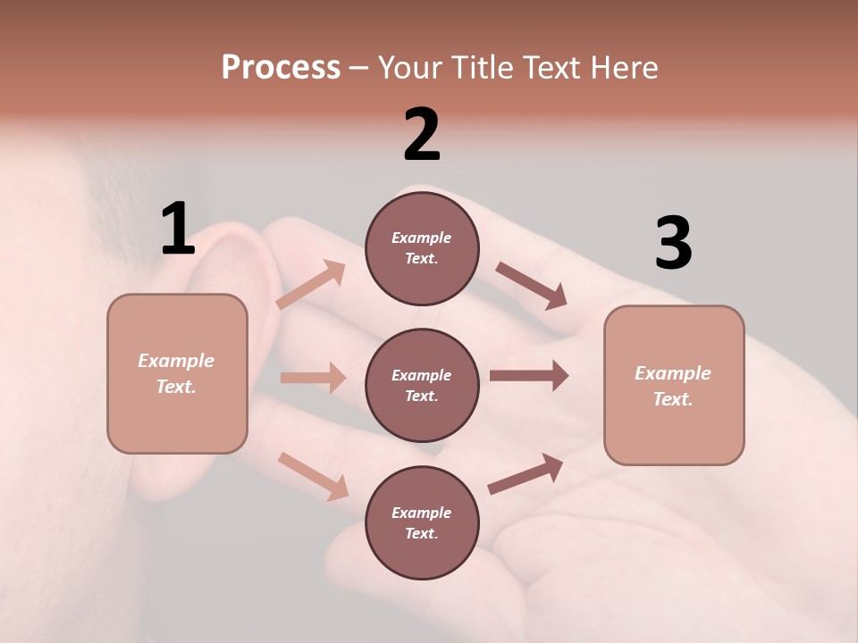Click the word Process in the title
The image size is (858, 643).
tap(281, 67)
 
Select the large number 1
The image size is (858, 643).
tap(178, 229)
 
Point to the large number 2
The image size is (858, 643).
tap(422, 135)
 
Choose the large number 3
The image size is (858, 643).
tap(673, 244)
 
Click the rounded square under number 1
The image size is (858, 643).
tap(177, 373)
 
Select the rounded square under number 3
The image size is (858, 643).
tap(674, 386)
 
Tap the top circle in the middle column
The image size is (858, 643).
tap(422, 248)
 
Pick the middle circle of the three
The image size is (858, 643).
tap(422, 385)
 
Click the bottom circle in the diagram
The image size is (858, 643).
tap(422, 522)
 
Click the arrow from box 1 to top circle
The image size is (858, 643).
tap(311, 285)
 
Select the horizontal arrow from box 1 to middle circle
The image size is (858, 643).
tap(313, 378)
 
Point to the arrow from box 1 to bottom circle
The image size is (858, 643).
tap(313, 476)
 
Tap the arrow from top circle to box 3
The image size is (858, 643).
tap(532, 286)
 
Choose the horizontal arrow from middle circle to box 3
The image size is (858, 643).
tap(529, 376)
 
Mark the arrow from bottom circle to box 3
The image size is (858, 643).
tap(526, 474)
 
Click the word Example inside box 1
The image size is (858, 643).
tap(176, 361)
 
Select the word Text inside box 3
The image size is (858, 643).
tap(672, 399)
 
